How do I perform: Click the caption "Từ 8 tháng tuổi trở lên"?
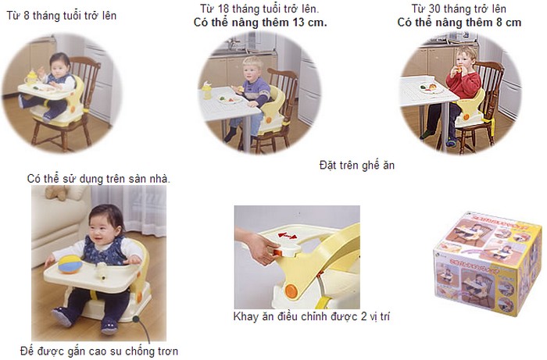tap(62, 16)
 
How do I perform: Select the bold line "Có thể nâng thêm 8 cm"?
tap(459, 23)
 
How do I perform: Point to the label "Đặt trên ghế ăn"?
tap(357, 165)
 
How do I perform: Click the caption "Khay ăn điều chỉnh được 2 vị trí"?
tap(312, 316)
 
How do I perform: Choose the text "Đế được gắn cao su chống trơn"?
tap(99, 351)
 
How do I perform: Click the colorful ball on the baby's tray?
tap(70, 264)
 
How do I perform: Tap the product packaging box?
tap(488, 263)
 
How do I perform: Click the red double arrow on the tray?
tap(288, 236)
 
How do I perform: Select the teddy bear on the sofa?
tap(57, 191)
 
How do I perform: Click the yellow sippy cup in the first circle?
tap(30, 77)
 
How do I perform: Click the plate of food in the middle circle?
tap(230, 99)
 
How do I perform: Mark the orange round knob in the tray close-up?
tap(291, 290)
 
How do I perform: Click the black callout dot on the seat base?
tap(136, 319)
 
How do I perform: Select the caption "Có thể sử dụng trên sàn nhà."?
tap(98, 179)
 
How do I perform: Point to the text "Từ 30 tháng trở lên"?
tap(459, 9)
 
